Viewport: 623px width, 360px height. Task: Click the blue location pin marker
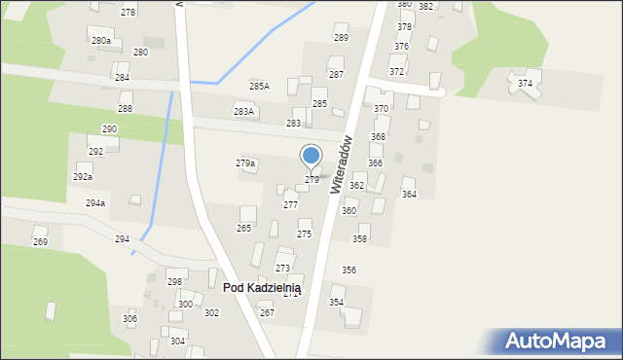coord(311,156)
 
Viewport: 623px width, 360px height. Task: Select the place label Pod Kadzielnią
coord(262,288)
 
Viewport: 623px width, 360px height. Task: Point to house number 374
coord(526,84)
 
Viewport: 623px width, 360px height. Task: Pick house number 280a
coord(101,41)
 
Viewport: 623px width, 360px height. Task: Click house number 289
coord(341,38)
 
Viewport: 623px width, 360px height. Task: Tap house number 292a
coord(83,177)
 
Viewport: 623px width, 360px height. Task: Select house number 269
coord(40,241)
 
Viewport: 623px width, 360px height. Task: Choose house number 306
coord(129,319)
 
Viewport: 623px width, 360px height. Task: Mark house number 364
coord(409,195)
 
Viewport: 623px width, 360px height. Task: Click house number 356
coord(348,270)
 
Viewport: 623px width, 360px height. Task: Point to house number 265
coord(243,228)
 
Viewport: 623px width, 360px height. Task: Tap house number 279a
coord(245,163)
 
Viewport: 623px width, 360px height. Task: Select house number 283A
coord(243,112)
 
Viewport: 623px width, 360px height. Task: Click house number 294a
coord(95,203)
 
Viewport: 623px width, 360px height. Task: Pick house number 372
coord(397,72)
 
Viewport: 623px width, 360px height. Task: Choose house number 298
coord(174,282)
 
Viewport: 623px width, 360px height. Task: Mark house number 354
coord(336,303)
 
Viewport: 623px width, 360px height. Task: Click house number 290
coord(110,129)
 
